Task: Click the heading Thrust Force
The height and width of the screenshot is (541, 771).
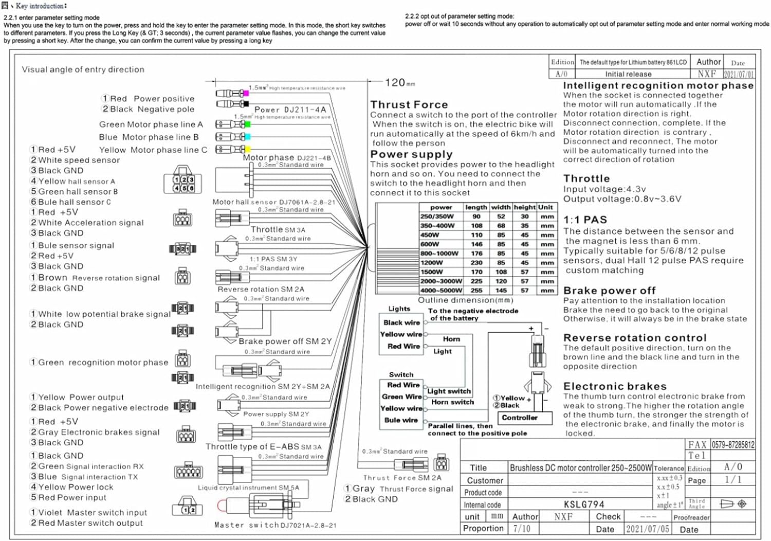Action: point(409,104)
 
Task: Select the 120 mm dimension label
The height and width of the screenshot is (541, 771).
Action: point(399,82)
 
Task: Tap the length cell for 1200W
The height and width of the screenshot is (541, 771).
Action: point(476,263)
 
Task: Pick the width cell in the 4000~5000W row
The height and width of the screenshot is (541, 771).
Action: point(501,291)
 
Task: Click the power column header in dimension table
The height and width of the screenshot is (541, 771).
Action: point(441,207)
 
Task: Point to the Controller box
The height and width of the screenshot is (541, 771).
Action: point(520,418)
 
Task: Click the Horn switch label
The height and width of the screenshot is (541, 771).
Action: point(452,402)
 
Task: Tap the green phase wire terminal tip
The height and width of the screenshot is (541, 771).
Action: point(248,124)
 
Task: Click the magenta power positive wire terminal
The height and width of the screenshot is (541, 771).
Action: point(246,94)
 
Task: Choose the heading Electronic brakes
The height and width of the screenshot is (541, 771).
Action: point(615,386)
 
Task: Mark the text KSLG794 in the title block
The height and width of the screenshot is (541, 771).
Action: point(584,504)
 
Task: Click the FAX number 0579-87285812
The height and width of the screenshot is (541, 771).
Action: point(732,445)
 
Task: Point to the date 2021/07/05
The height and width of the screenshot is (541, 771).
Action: point(647,529)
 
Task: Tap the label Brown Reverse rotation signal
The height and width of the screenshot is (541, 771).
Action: point(99,278)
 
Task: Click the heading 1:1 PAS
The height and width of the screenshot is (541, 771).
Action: point(585,220)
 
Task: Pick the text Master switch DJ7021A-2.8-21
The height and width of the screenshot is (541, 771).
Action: point(275,525)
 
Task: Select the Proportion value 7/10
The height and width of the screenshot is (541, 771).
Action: point(522,529)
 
